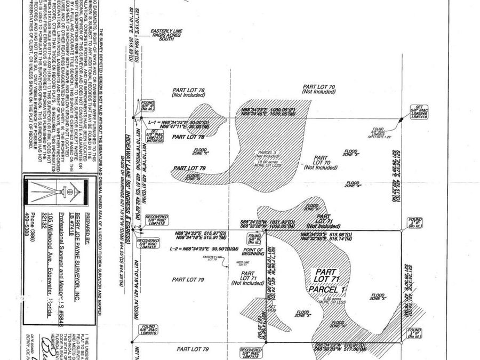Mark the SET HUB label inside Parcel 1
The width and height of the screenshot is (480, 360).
point(271,308)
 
